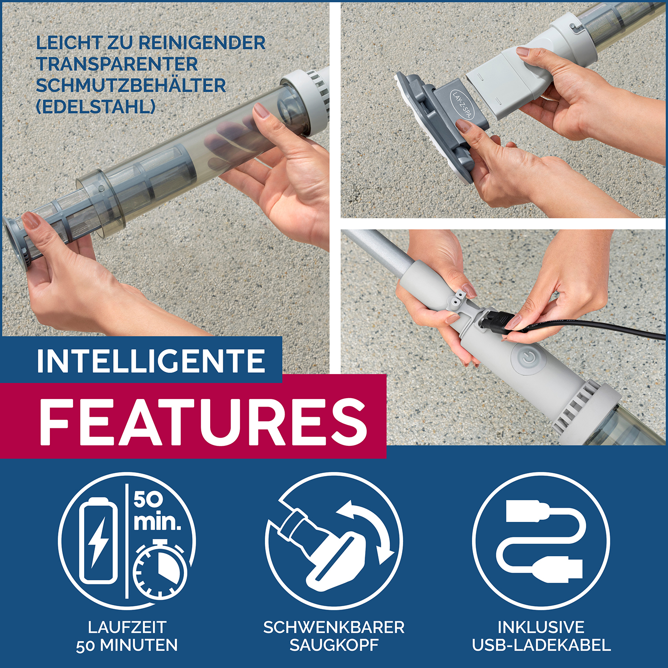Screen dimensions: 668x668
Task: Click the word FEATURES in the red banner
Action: coord(203,421)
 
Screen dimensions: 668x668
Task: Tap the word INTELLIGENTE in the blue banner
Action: coord(151,361)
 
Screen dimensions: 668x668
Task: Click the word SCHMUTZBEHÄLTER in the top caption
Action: coord(131,86)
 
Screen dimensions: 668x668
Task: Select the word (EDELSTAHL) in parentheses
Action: coord(96,107)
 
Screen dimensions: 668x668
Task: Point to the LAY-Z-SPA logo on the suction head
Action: coord(462,105)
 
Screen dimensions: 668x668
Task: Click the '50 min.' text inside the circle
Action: coord(157,511)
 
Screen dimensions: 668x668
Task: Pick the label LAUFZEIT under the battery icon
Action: coord(127,627)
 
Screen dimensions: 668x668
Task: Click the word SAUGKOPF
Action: coord(334,645)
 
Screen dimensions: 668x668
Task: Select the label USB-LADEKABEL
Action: coord(541,645)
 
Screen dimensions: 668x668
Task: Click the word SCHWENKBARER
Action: coord(334,627)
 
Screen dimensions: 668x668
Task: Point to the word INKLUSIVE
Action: coord(541,627)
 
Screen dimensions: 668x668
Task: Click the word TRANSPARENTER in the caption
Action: coord(117,64)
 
